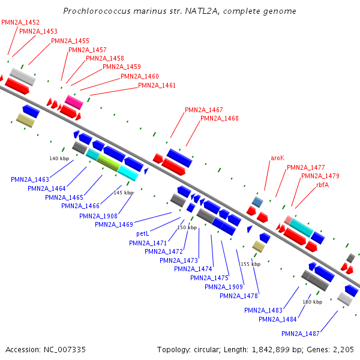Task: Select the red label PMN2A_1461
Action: tap(157, 85)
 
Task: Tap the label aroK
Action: tap(277, 158)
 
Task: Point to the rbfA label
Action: tap(322, 185)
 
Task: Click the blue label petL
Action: tap(142, 233)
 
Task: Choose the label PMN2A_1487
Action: tap(300, 334)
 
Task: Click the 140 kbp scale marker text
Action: tap(59, 158)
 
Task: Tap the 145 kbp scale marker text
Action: tap(123, 193)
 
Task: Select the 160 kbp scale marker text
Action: tap(313, 302)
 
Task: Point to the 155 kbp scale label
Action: tap(250, 264)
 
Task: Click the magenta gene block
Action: tap(74, 102)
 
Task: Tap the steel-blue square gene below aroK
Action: tap(257, 202)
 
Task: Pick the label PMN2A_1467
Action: tap(203, 110)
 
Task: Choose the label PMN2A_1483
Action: tap(263, 310)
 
